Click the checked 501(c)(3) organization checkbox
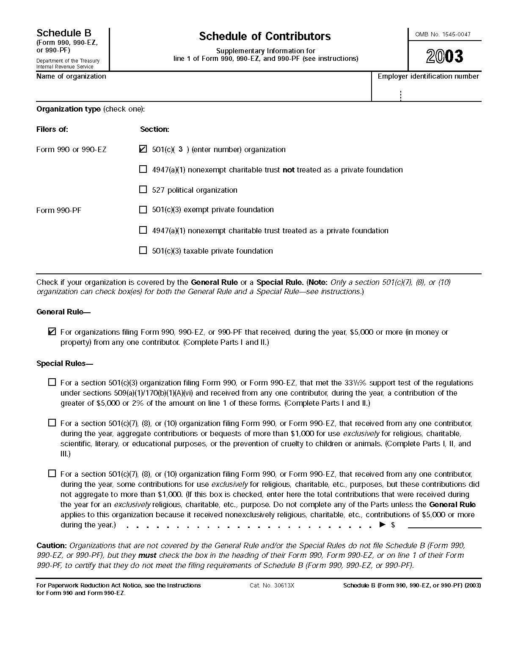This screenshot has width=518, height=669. point(143,149)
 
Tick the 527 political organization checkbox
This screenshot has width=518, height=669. point(143,190)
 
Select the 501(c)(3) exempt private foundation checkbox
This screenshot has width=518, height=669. point(143,210)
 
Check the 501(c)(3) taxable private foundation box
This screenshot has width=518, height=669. point(143,250)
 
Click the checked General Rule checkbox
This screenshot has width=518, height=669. point(52,332)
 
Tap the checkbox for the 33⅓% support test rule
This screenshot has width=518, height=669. point(52,382)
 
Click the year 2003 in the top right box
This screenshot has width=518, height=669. point(444,56)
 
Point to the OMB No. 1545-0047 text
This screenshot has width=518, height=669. point(443,34)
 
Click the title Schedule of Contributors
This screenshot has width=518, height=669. point(265,36)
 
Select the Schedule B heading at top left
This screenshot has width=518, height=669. point(63,33)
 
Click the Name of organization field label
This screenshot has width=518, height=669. point(71,76)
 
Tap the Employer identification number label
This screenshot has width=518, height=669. point(428,76)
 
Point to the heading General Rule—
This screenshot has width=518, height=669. point(63,312)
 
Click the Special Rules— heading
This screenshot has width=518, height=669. point(65,363)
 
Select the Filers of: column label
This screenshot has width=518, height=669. point(52,129)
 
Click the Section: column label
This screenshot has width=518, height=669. point(154,129)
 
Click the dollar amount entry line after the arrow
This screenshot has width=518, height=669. point(444,524)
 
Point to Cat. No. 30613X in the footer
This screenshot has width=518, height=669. point(272,585)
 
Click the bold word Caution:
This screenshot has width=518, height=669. point(52,545)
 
